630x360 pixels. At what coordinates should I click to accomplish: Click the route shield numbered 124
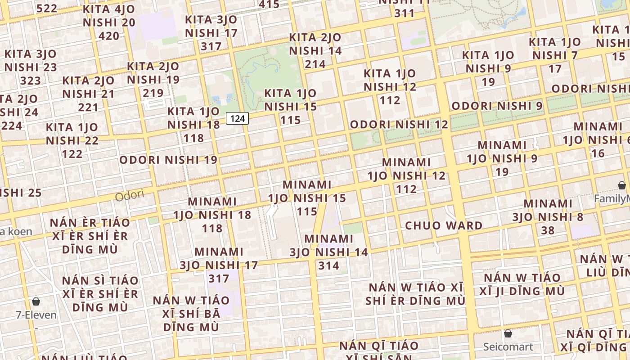[237, 118]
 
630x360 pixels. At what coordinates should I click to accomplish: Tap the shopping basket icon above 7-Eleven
[36, 301]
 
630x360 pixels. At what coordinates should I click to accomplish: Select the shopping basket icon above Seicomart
[508, 334]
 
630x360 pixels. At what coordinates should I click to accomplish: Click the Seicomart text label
[508, 347]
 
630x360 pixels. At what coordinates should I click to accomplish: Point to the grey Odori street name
[129, 196]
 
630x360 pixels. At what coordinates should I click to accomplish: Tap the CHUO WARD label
[444, 225]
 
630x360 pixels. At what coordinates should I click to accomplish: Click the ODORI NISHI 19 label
[168, 160]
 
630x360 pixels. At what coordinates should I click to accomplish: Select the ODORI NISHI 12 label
[399, 125]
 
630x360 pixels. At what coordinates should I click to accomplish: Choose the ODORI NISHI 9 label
[497, 106]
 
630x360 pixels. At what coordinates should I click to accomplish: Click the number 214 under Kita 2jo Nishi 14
[315, 64]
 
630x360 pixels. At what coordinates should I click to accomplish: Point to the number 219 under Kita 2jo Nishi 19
[153, 93]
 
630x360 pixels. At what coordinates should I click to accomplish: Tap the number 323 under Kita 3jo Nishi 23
[31, 81]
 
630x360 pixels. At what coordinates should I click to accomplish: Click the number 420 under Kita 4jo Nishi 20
[109, 36]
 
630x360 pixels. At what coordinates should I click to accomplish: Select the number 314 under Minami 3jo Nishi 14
[328, 265]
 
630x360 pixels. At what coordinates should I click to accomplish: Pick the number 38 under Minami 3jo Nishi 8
[548, 230]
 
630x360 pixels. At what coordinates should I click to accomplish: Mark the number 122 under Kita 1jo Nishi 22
[72, 154]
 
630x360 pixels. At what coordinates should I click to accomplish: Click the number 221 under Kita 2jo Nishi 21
[88, 107]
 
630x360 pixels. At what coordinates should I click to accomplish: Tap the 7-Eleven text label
[36, 315]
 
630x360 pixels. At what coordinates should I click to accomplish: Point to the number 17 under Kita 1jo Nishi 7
[555, 69]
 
